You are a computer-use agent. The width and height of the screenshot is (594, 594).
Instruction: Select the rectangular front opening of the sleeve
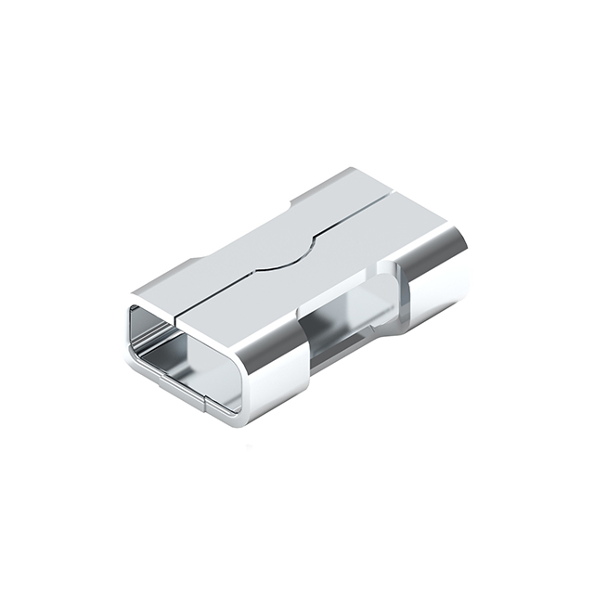tap(186, 354)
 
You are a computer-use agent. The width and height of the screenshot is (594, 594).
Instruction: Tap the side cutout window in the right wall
tap(348, 320)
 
